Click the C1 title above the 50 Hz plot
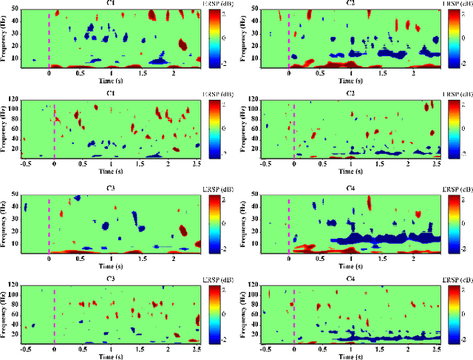[x=110, y=4]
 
